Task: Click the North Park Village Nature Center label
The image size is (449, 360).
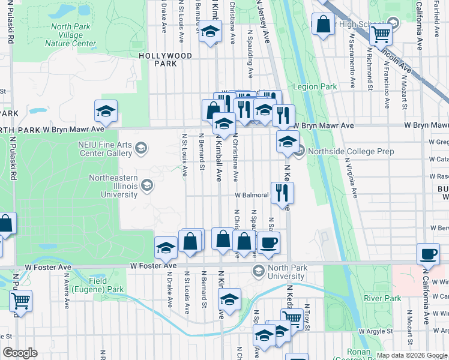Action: pyautogui.click(x=70, y=35)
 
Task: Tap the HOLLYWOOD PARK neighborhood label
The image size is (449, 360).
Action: pyautogui.click(x=166, y=59)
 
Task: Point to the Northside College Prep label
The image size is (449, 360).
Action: pyautogui.click(x=351, y=152)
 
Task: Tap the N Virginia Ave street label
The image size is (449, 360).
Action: pyautogui.click(x=351, y=178)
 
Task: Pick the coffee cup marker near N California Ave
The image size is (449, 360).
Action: pyautogui.click(x=428, y=254)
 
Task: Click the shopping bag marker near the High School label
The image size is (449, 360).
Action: pyautogui.click(x=323, y=25)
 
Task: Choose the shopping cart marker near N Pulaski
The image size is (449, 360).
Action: pyautogui.click(x=20, y=299)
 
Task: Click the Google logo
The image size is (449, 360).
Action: pyautogui.click(x=20, y=353)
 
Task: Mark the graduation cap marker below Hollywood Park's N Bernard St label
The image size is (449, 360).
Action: pyautogui.click(x=210, y=32)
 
